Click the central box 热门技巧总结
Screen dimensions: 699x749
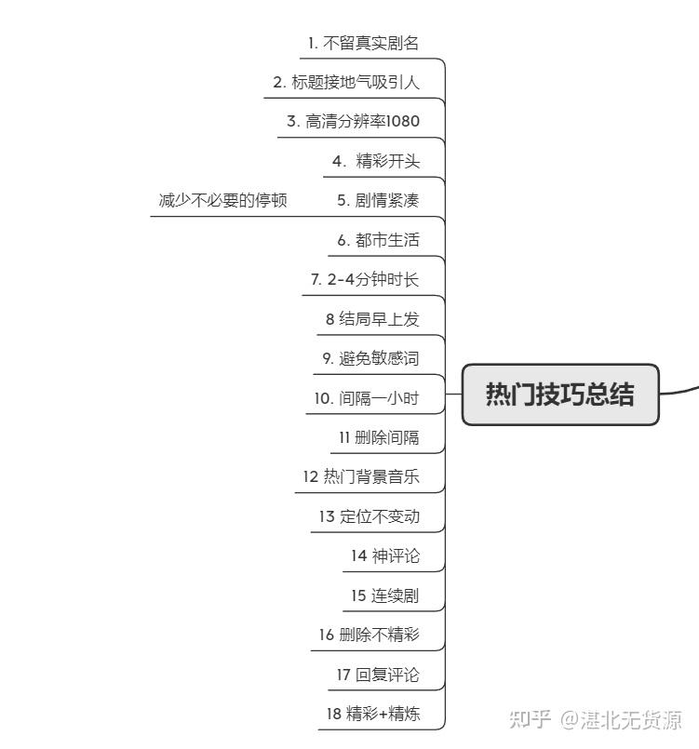pyautogui.click(x=560, y=395)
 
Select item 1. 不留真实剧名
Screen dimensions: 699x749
pyautogui.click(x=363, y=44)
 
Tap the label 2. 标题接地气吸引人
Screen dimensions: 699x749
pyautogui.click(x=346, y=83)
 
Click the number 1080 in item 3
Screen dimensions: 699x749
pyautogui.click(x=402, y=121)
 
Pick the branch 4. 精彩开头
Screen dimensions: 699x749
pyautogui.click(x=376, y=161)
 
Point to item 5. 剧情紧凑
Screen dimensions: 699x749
pyautogui.click(x=378, y=200)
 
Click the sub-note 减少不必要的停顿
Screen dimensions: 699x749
pyautogui.click(x=222, y=200)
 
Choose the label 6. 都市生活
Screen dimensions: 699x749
pyautogui.click(x=378, y=240)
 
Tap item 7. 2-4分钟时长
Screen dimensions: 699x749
pyautogui.click(x=365, y=279)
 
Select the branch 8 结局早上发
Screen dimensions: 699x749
pyautogui.click(x=372, y=318)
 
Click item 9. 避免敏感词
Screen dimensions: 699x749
pyautogui.click(x=370, y=358)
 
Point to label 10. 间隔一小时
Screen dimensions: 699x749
pyautogui.click(x=367, y=398)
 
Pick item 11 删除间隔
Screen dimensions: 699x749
pyautogui.click(x=379, y=437)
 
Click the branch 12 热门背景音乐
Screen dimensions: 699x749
pyautogui.click(x=361, y=476)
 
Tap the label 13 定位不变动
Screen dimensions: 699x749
pyautogui.click(x=370, y=516)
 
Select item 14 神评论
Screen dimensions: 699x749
pyautogui.click(x=385, y=555)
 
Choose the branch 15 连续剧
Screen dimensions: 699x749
pyautogui.click(x=385, y=595)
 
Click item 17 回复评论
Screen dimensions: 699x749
pyautogui.click(x=378, y=675)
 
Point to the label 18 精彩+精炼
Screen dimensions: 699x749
pyautogui.click(x=373, y=714)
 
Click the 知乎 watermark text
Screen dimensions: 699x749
pyautogui.click(x=530, y=719)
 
